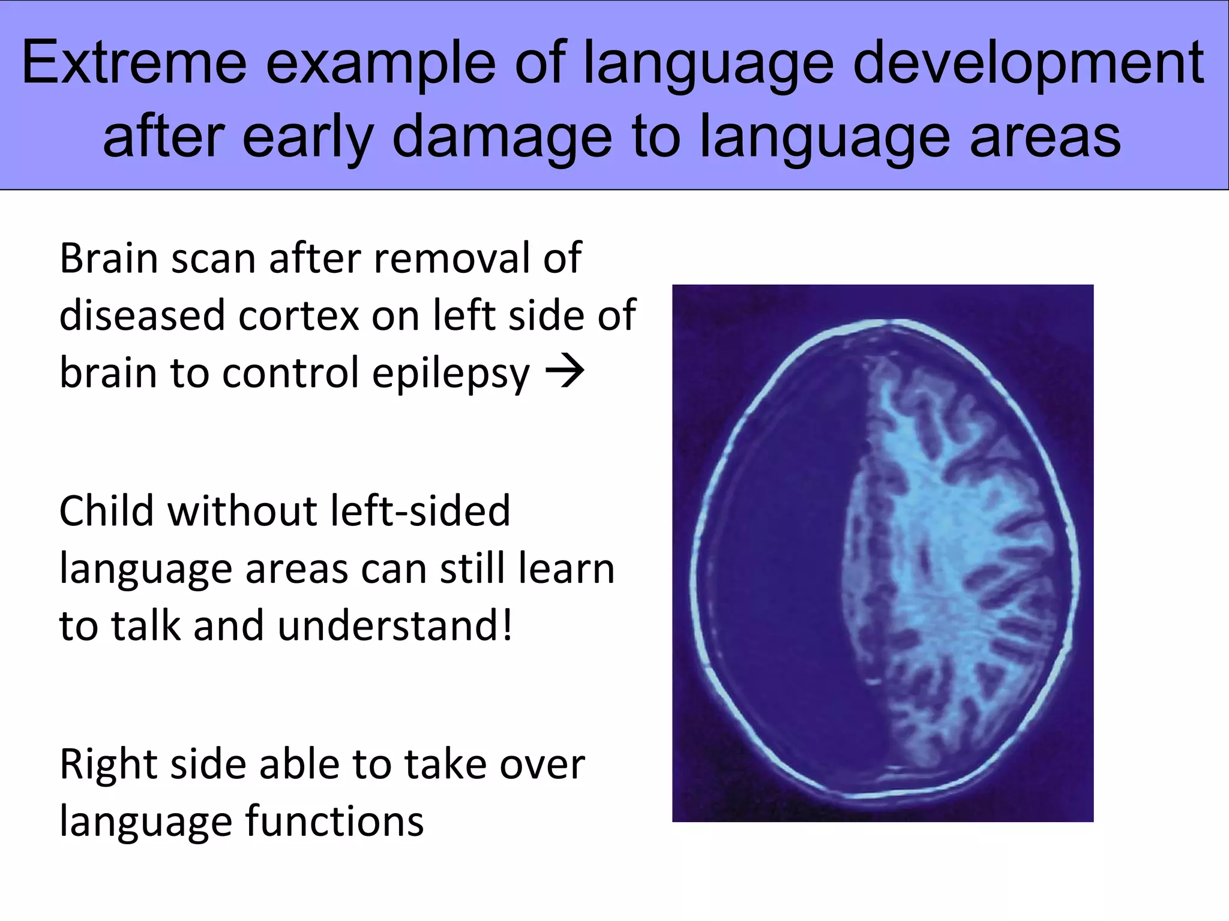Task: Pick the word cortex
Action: (x=298, y=315)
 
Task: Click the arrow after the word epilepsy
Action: (x=564, y=371)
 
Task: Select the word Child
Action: (x=106, y=511)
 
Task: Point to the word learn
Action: (x=566, y=568)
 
